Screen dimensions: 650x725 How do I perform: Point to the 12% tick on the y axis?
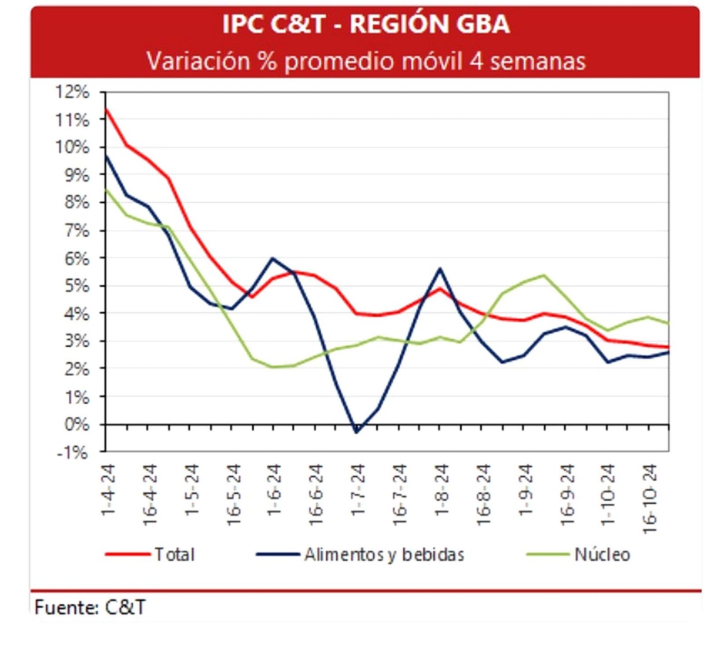tap(72, 92)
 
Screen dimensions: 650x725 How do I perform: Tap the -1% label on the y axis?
tap(72, 452)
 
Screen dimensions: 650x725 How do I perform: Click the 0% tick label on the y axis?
tap(76, 425)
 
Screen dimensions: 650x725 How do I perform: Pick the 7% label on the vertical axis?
tap(76, 230)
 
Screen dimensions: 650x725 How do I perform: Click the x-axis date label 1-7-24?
tap(358, 489)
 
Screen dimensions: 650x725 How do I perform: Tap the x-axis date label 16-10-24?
tap(650, 498)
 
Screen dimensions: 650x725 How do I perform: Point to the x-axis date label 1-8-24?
tap(441, 489)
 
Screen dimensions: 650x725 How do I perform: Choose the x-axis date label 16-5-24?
tap(233, 494)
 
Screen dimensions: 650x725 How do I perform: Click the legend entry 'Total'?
tap(174, 554)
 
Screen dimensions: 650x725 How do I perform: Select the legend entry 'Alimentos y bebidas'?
tap(384, 554)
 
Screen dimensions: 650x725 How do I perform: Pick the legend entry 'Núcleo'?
tap(602, 554)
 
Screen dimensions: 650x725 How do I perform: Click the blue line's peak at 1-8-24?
tap(440, 269)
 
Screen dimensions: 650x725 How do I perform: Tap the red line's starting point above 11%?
tap(106, 109)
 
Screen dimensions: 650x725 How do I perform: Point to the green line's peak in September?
tap(544, 275)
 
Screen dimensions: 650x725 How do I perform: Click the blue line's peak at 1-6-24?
tap(272, 258)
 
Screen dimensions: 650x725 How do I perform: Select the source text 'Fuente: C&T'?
tap(90, 607)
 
